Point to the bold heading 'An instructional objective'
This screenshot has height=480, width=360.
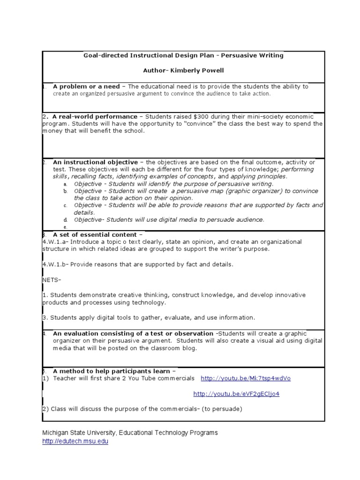pos(95,162)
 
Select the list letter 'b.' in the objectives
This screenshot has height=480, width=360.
pos(66,191)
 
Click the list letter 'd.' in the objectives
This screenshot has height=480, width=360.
pos(66,220)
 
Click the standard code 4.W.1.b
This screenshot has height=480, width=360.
pos(55,264)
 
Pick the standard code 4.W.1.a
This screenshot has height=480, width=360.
pos(55,242)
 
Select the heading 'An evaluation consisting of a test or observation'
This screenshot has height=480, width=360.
pos(133,334)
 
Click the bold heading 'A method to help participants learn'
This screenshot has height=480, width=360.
pos(112,371)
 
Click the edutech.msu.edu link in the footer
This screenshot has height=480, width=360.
pos(75,442)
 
